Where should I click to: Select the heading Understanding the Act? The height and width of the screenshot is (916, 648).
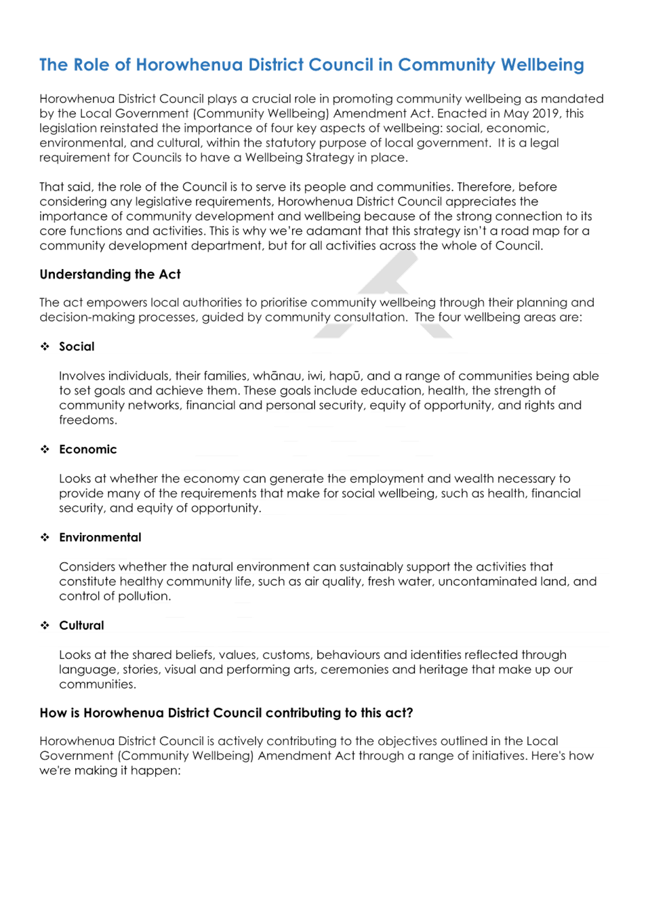pos(110,274)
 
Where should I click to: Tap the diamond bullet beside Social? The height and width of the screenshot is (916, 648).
pos(45,346)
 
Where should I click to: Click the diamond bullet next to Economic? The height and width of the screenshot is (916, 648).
pos(45,450)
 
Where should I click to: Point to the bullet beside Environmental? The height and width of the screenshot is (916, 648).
pos(45,538)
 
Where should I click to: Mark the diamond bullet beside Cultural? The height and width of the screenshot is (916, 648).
pos(45,625)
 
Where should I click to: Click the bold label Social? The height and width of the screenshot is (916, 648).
pos(77,346)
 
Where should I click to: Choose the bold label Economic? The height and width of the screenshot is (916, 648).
pos(88,450)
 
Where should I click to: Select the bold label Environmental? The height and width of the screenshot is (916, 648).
pos(100,538)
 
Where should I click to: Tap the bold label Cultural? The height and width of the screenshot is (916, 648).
pos(82,625)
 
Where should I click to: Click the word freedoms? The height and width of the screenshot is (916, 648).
pos(88,420)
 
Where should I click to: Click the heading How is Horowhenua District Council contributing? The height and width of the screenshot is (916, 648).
pos(226,713)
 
